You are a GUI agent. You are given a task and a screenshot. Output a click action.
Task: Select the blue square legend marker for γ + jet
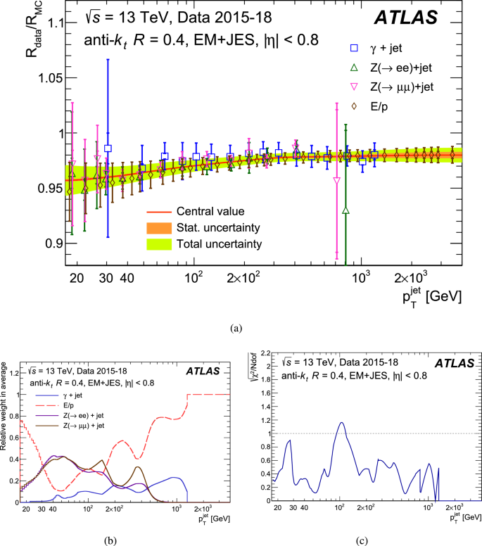[x=354, y=49]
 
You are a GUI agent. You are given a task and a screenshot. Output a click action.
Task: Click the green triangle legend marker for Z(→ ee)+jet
[x=354, y=68]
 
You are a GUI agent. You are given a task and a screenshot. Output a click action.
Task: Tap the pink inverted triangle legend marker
[x=354, y=87]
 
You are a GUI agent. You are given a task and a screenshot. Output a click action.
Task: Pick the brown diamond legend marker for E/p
[x=354, y=106]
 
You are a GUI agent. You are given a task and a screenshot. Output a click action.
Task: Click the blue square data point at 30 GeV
[x=108, y=148]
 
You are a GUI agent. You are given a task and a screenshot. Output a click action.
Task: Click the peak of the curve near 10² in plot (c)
[x=341, y=423]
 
